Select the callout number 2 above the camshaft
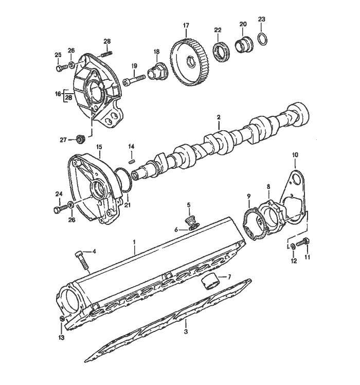click(x=218, y=118)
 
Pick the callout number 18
click(x=156, y=51)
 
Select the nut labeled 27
click(x=80, y=139)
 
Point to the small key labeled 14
click(x=131, y=160)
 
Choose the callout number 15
click(x=99, y=147)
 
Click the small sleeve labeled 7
click(x=209, y=282)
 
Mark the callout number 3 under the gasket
click(x=186, y=332)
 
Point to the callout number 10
click(x=295, y=154)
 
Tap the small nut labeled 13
click(x=61, y=320)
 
